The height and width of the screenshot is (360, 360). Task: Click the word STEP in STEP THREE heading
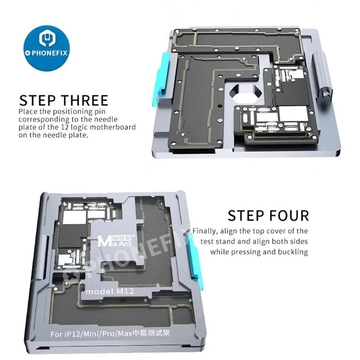[40, 100]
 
